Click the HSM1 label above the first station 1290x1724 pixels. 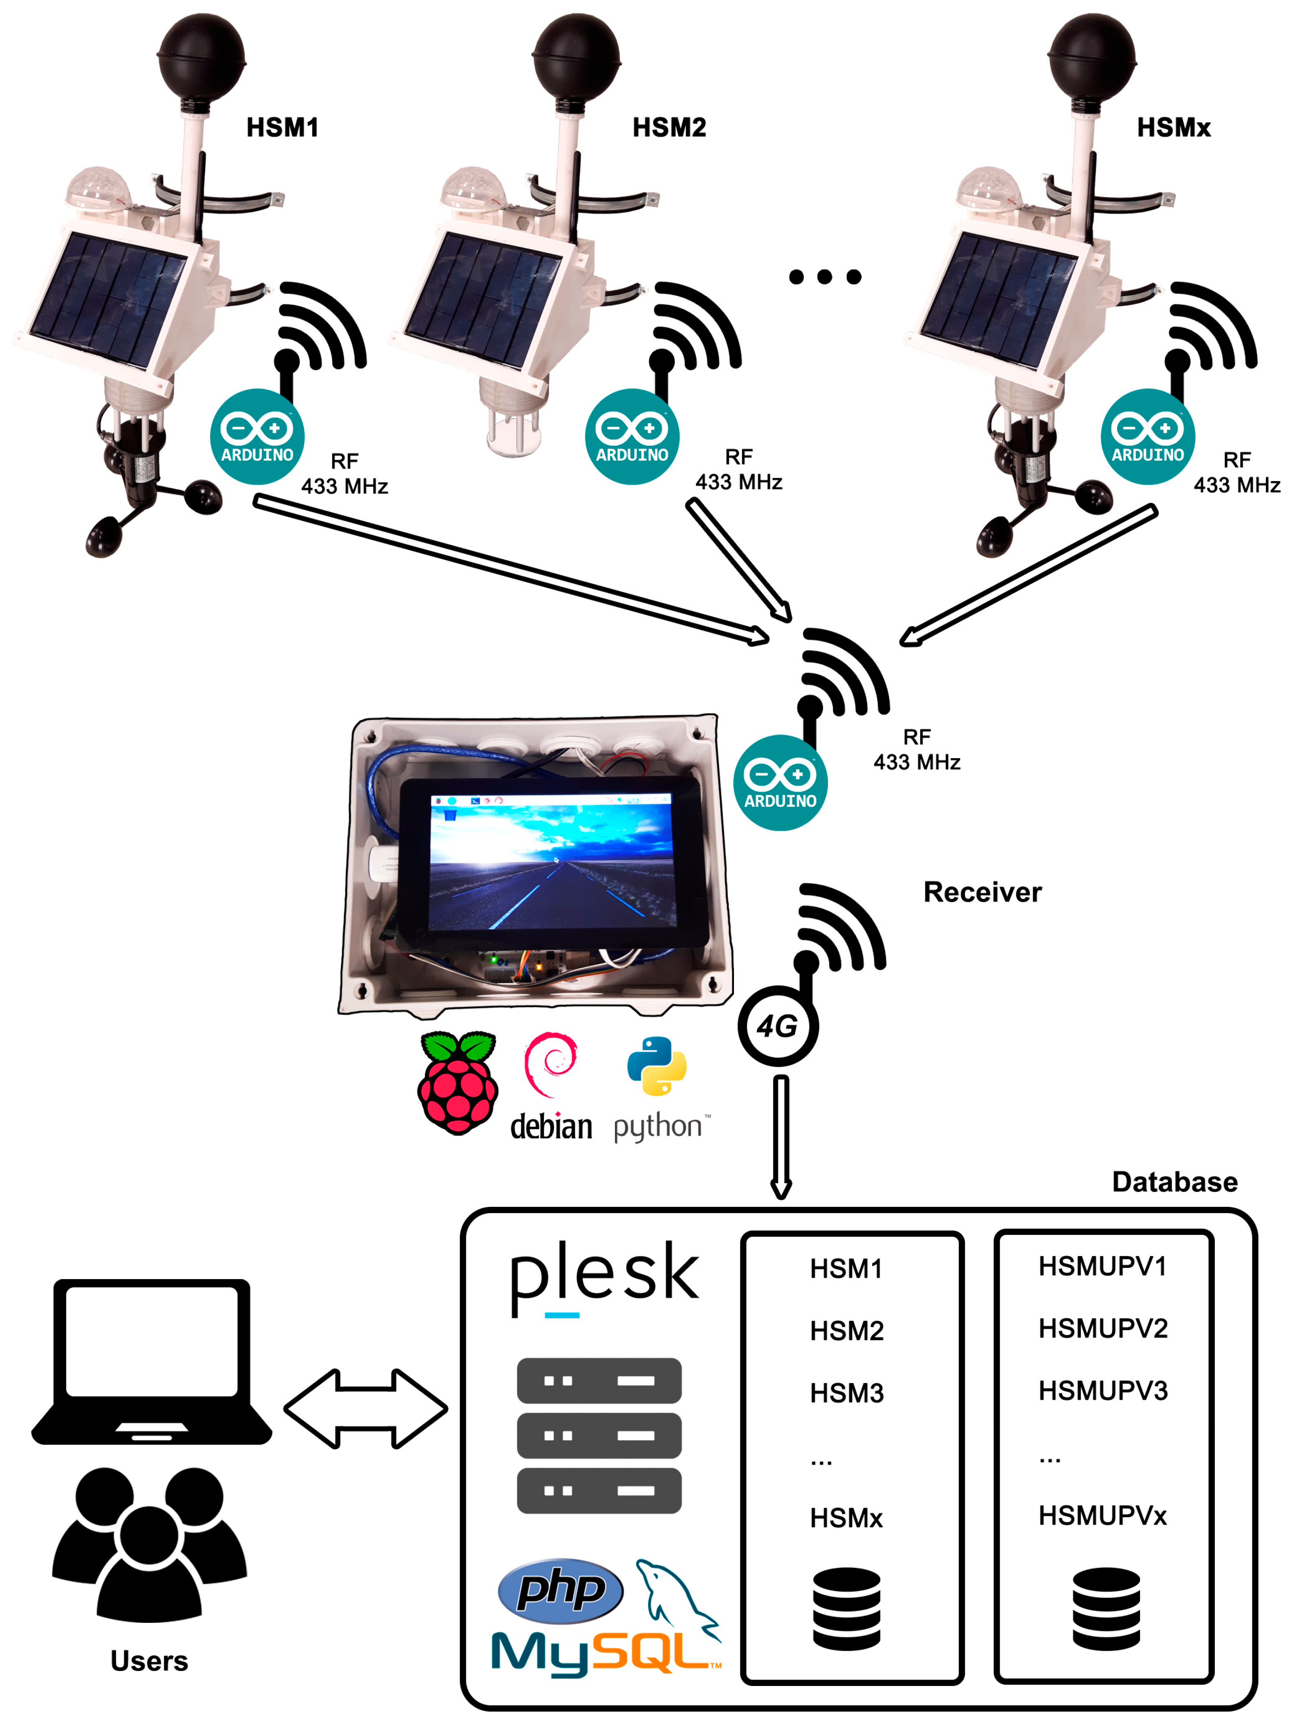282,127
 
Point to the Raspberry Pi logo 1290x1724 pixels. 457,1083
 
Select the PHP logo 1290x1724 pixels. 560,1590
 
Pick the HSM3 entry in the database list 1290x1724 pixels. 846,1393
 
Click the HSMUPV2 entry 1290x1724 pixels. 1102,1328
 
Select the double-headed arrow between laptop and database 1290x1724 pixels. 366,1408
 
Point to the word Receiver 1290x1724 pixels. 982,891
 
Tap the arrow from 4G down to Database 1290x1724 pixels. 781,1136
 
